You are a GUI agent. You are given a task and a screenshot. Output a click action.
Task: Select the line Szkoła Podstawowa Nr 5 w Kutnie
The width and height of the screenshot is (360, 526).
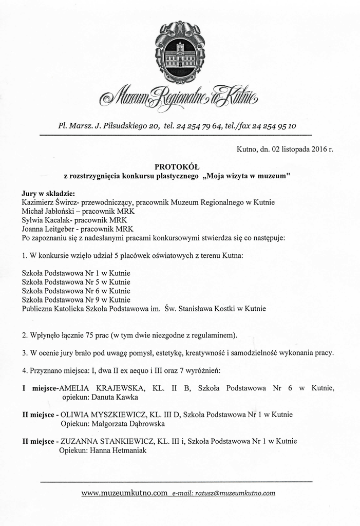point(76,281)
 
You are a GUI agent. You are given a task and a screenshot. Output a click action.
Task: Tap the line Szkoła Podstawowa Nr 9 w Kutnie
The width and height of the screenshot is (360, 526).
point(76,299)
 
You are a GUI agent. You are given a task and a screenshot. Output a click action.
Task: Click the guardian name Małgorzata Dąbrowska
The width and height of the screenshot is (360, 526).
point(127,424)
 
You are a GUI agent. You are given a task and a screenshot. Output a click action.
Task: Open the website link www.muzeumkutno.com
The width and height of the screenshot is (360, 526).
point(124,493)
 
